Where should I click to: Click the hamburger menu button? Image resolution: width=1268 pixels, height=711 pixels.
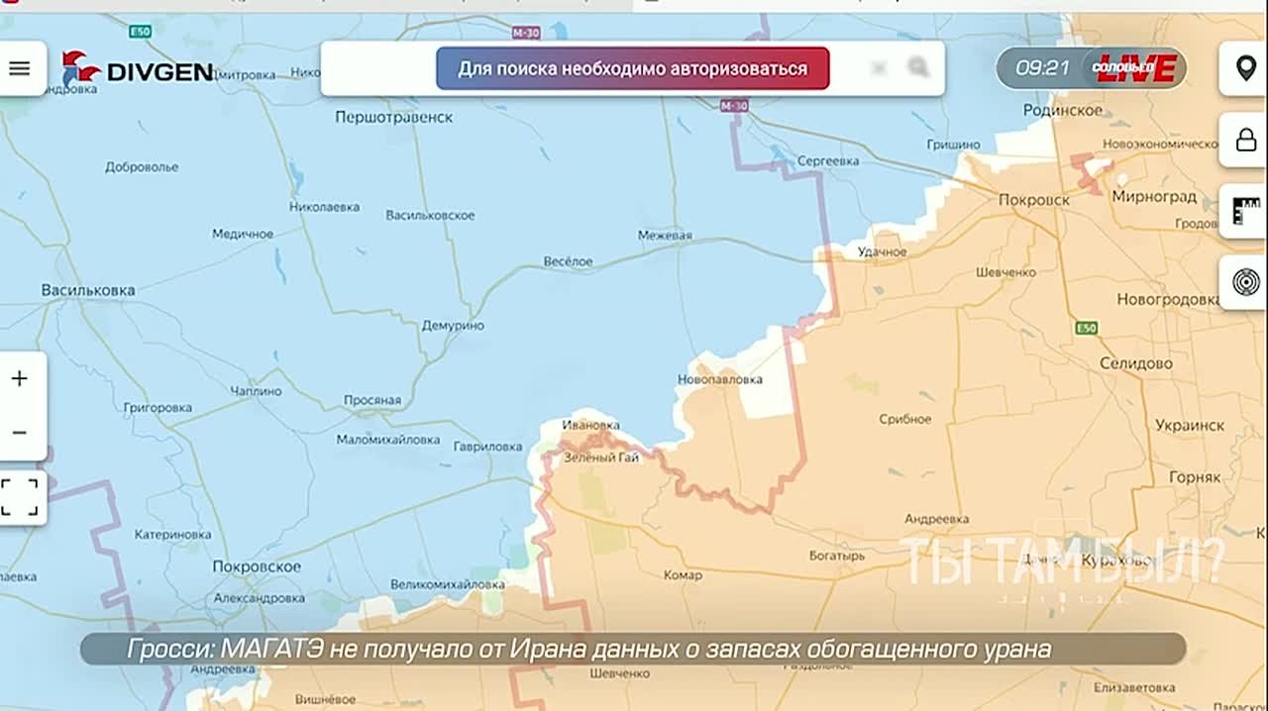point(20,68)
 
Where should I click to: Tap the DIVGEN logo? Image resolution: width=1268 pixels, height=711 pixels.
point(138,69)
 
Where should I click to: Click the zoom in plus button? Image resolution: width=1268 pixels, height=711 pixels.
point(20,378)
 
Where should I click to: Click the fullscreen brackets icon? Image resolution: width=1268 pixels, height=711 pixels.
point(20,497)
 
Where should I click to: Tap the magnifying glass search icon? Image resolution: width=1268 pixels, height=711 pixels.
point(918,67)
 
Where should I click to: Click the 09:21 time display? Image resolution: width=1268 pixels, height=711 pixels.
point(1042,68)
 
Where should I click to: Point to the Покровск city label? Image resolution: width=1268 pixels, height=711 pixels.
point(1033,199)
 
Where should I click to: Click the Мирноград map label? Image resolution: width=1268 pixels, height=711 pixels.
point(1154,196)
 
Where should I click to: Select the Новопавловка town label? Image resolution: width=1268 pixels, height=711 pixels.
point(720,379)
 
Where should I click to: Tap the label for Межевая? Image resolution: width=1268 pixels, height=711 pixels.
point(665,236)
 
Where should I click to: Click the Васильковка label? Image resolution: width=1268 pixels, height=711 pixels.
point(88,290)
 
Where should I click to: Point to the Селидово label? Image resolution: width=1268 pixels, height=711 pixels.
point(1135,363)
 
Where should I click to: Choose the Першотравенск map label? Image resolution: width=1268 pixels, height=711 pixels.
point(393,117)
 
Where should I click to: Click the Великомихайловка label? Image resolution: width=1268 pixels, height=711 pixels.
point(447,584)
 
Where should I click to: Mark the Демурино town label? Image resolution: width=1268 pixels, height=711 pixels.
point(453,325)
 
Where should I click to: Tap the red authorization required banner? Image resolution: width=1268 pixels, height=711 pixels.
point(632,68)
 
